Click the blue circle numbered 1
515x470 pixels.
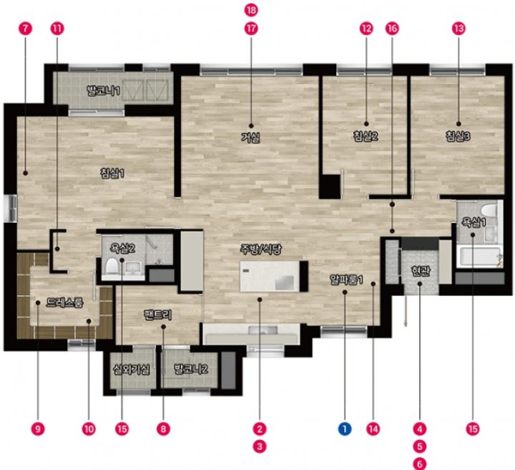coord(345,429)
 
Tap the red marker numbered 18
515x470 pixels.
coord(251,10)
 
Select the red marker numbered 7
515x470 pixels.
coord(25,29)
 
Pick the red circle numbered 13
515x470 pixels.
coord(458,29)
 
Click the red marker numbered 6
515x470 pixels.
coord(420,464)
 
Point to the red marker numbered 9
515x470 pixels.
coord(38,429)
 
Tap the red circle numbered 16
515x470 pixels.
coord(392,29)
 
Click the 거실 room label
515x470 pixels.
coord(251,137)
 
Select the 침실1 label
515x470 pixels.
coord(112,173)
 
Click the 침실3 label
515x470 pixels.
coord(458,136)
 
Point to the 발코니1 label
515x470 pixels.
coord(103,90)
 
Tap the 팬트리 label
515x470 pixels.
coord(158,315)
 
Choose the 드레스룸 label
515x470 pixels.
coord(64,302)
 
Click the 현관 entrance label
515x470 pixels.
coord(421,271)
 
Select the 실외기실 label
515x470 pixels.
coord(132,369)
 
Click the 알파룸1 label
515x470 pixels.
coord(346,279)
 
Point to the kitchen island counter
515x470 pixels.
coord(270,276)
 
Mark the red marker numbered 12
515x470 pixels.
coord(366,29)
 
